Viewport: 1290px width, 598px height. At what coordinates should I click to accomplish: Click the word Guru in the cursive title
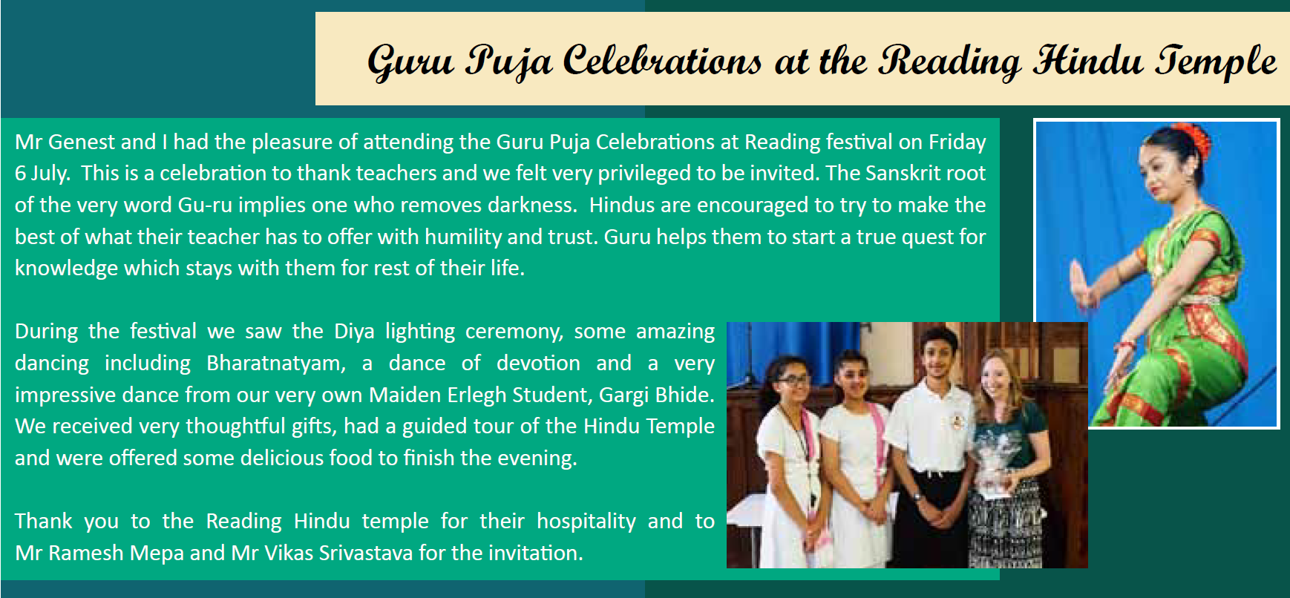(x=410, y=61)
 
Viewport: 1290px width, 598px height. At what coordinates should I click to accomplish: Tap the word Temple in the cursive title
(x=1215, y=61)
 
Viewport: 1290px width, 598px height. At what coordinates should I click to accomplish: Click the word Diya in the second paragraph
(x=354, y=332)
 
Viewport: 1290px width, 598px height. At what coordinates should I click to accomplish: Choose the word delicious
(x=281, y=458)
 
